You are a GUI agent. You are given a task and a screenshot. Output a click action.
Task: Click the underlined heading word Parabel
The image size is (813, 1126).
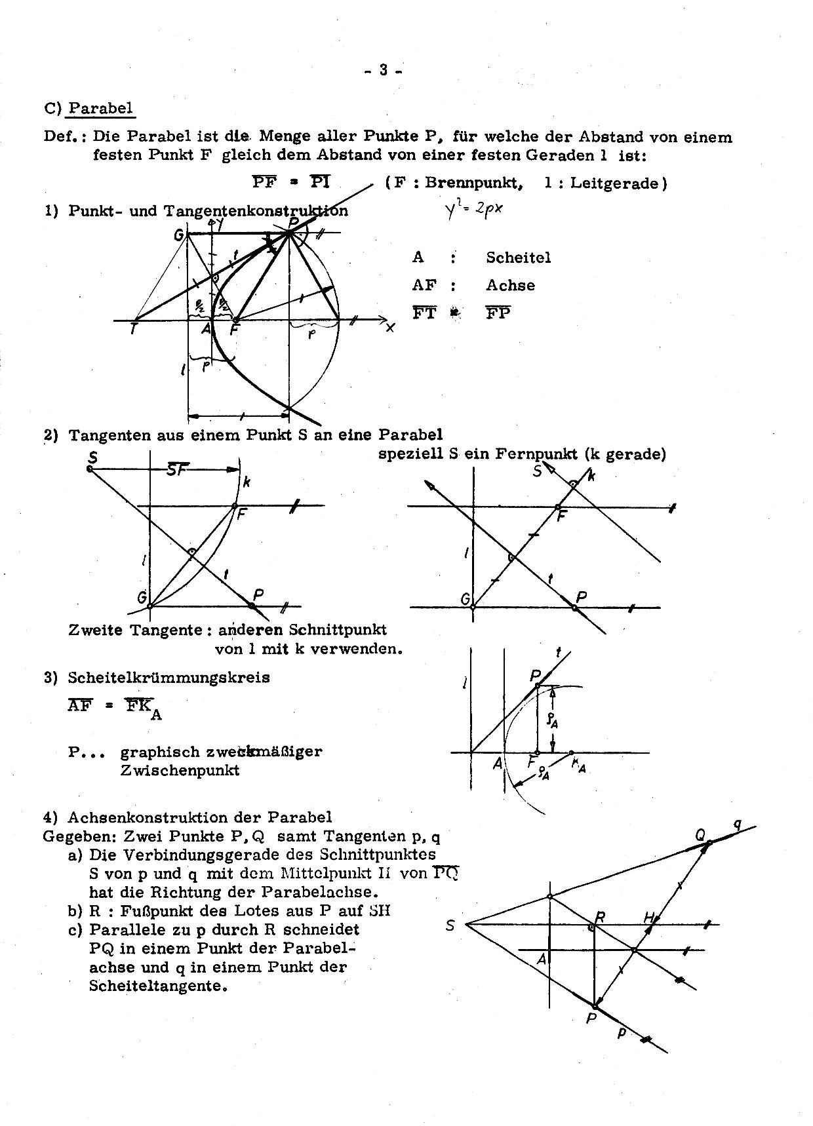coord(100,108)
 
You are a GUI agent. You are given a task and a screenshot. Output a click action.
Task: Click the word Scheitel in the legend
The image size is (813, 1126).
coord(518,258)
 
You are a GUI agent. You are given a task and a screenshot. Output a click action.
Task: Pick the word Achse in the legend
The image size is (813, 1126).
coord(510,285)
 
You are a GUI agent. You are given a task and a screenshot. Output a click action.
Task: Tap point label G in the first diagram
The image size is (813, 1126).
coord(178,235)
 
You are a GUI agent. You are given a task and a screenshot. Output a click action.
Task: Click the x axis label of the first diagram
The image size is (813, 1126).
coord(390,328)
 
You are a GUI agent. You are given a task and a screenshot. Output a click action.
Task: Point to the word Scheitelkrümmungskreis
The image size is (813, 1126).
coord(169,678)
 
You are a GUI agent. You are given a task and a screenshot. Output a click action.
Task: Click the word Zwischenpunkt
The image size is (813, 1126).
coord(180,770)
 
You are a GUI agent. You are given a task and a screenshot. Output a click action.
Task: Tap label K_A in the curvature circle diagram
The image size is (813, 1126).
coord(578,764)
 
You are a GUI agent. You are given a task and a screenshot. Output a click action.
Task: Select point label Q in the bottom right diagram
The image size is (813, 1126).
coord(700,834)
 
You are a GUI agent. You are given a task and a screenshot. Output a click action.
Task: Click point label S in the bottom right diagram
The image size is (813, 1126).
coord(450,926)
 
